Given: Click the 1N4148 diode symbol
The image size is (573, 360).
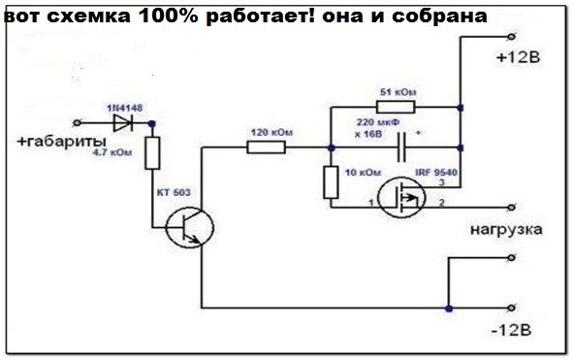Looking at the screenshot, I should [x=122, y=122].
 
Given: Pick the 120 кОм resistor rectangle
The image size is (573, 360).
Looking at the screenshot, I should [x=266, y=147].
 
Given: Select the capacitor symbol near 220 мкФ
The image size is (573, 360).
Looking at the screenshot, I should [x=398, y=147].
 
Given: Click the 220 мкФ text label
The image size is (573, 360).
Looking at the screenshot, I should [x=378, y=122].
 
